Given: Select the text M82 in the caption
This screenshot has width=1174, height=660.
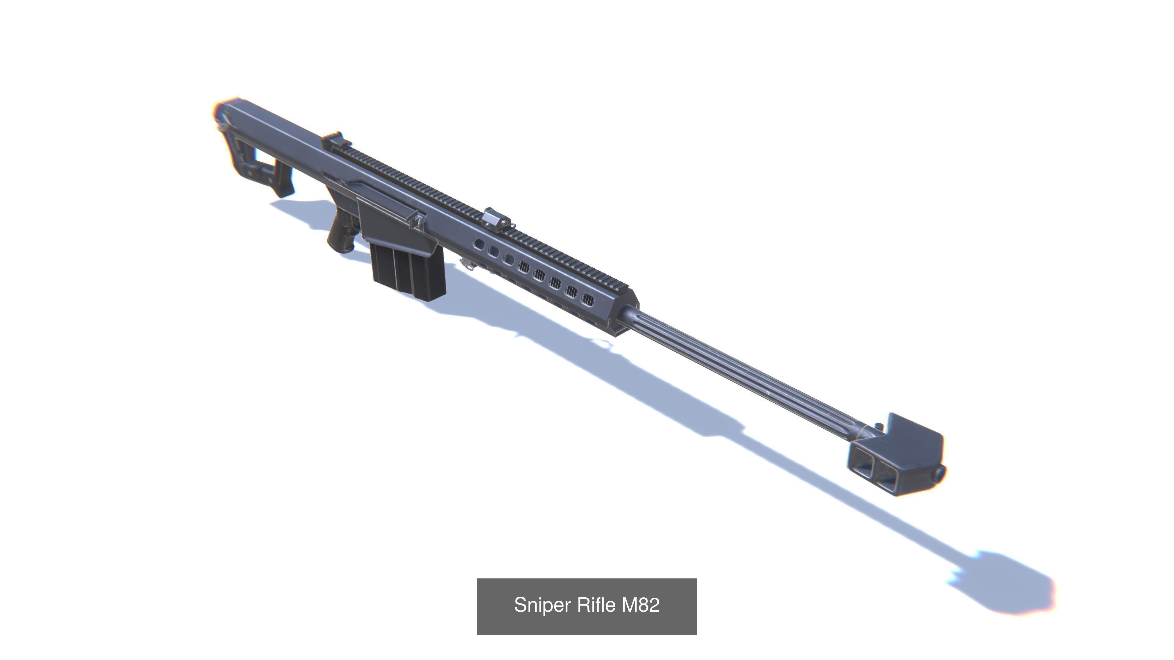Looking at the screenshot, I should (641, 605).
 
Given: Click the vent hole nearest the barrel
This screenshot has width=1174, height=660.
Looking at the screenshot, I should (588, 299).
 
